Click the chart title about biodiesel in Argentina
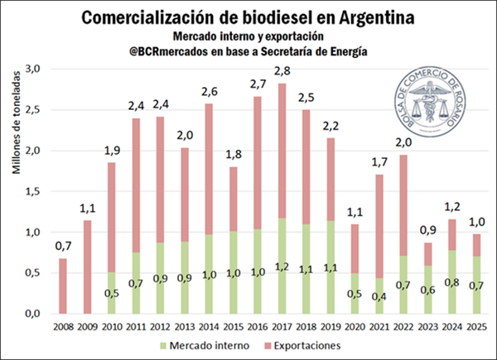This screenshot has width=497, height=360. tap(248, 16)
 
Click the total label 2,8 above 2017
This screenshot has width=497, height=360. tap(282, 74)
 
